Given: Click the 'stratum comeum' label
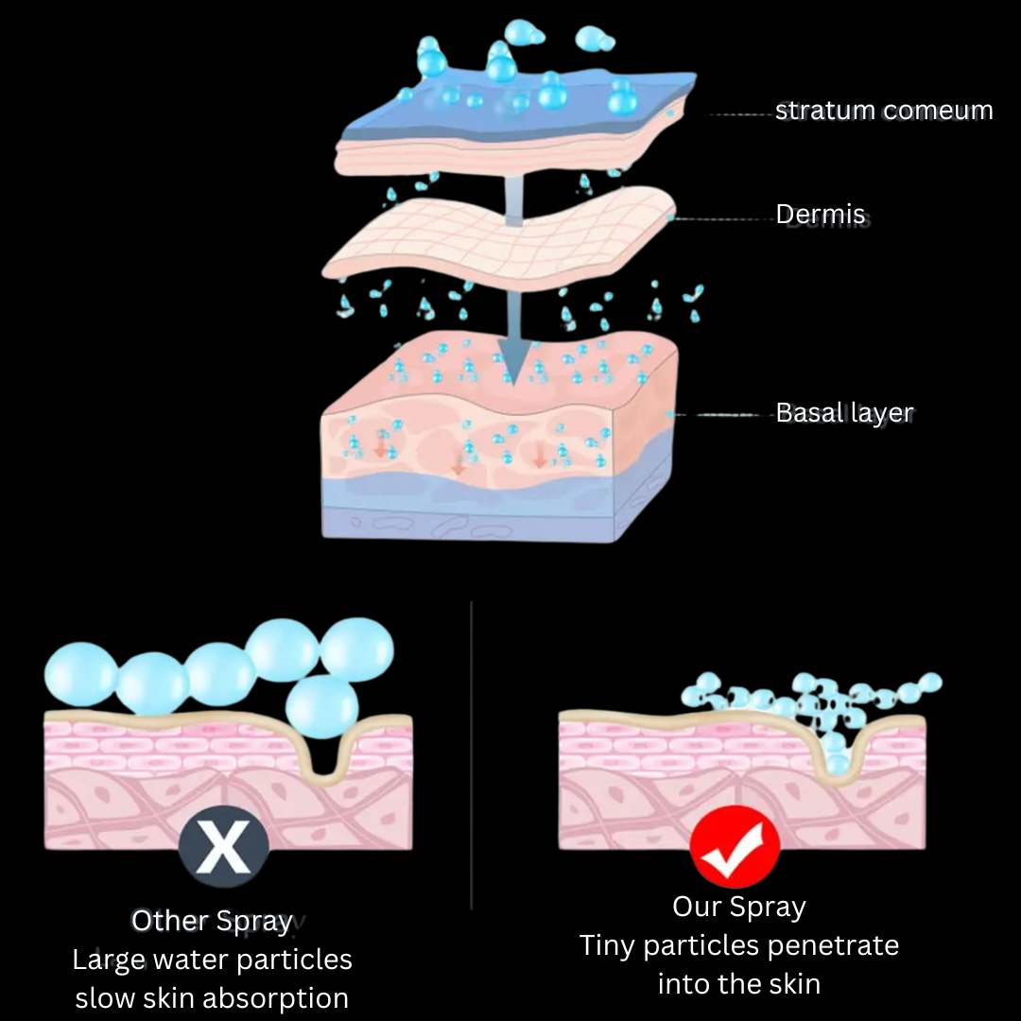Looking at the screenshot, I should [883, 111].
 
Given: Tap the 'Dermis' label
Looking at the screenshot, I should [821, 215].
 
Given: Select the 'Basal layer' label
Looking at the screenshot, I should [844, 413].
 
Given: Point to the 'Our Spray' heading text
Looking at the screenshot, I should [738, 907].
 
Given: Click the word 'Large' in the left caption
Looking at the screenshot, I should [110, 960].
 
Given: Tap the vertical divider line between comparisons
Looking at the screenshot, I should [471, 756].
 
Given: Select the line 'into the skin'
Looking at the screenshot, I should [738, 983].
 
